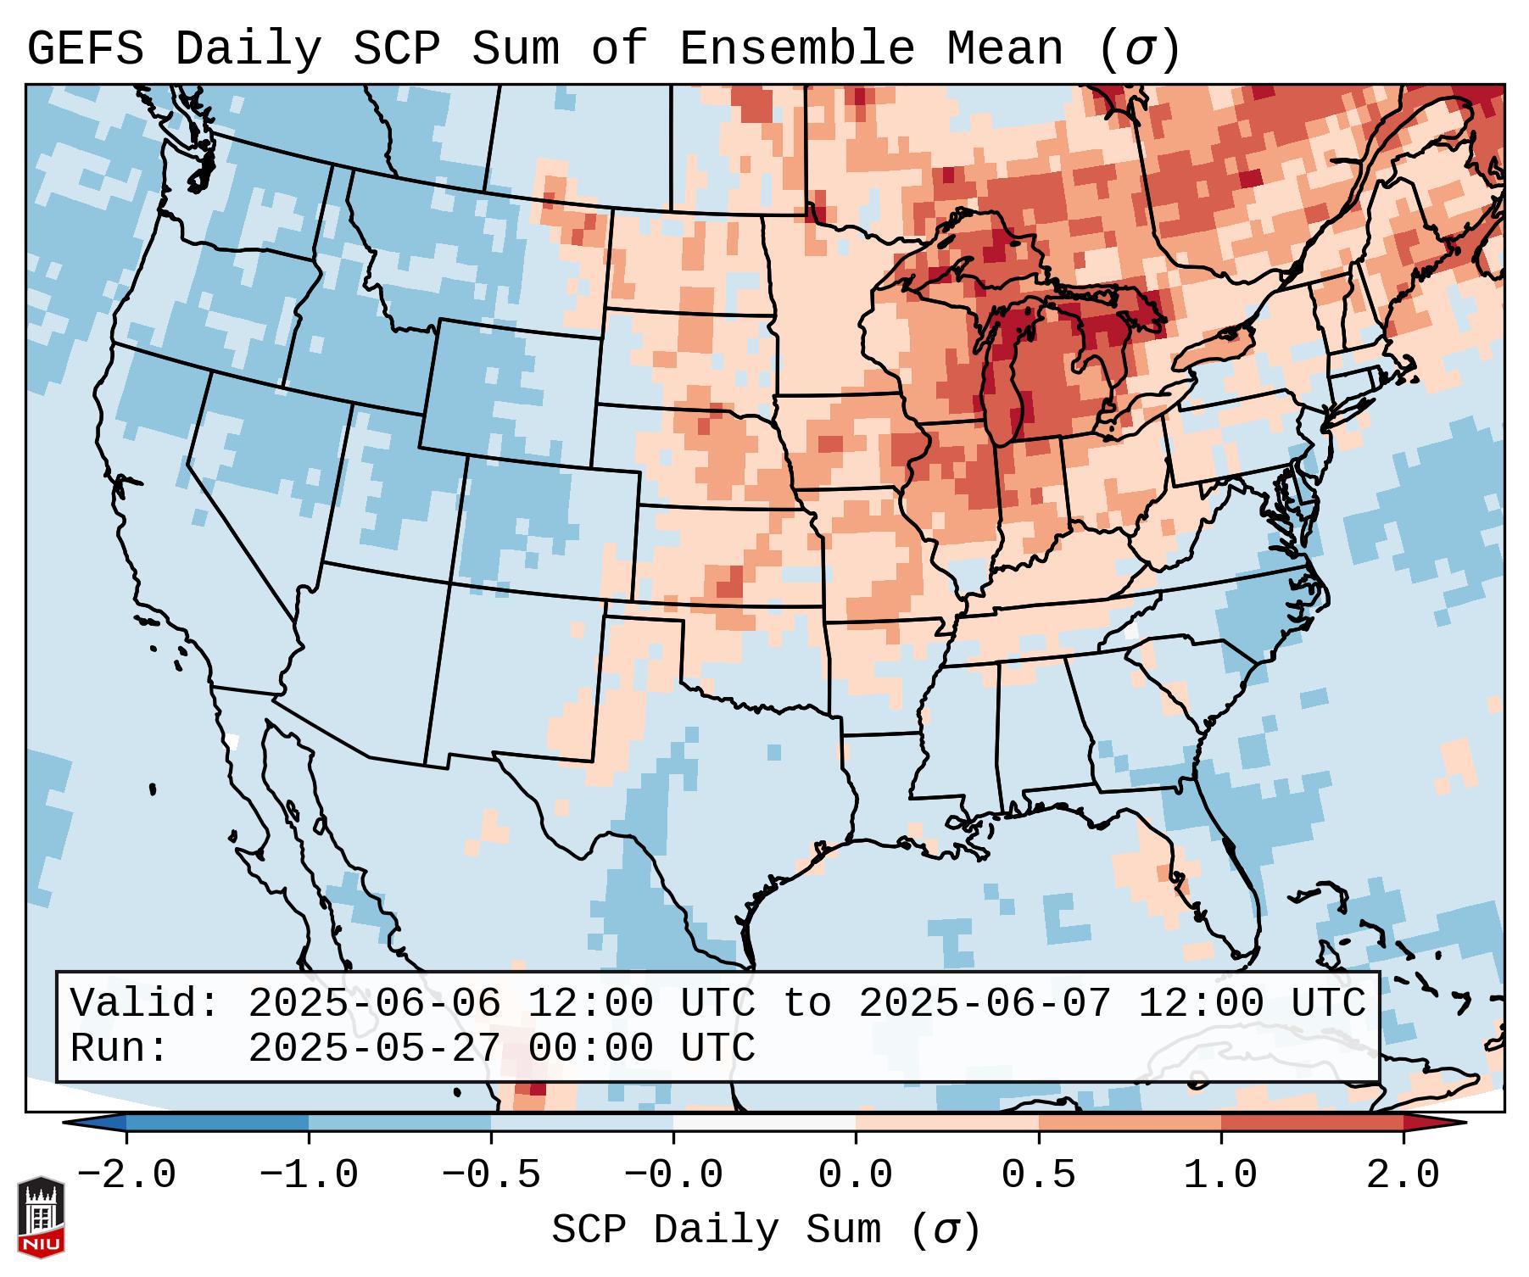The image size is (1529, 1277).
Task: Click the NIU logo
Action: click(41, 1216)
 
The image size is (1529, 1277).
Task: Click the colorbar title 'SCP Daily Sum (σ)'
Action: click(766, 1230)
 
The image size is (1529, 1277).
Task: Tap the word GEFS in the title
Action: click(85, 49)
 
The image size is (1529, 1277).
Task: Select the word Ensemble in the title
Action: click(796, 49)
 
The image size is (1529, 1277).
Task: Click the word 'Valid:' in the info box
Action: click(145, 1003)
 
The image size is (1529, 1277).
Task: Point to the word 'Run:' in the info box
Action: click(120, 1048)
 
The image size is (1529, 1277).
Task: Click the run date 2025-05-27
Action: click(374, 1048)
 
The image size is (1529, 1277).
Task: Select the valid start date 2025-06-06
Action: click(374, 1003)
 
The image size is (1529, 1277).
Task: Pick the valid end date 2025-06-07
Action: click(985, 1003)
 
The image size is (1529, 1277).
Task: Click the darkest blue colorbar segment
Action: click(217, 1123)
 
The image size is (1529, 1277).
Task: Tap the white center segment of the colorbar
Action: click(764, 1123)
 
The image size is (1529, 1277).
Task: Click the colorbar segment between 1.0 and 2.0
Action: click(1312, 1123)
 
